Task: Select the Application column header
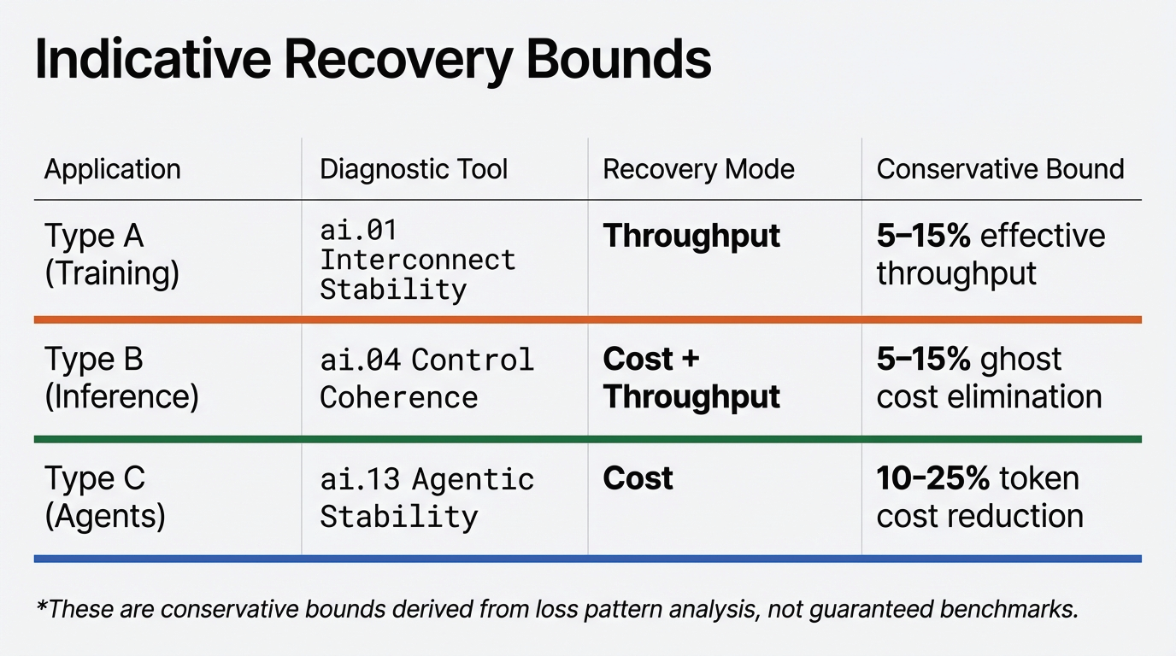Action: click(x=112, y=169)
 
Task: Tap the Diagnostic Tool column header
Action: click(x=414, y=169)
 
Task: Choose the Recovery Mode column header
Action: click(x=698, y=169)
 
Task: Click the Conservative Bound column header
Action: click(x=1000, y=169)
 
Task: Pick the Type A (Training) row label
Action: click(x=112, y=255)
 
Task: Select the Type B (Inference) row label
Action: click(x=121, y=378)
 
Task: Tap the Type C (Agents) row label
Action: click(x=104, y=497)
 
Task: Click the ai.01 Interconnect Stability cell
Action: click(x=417, y=260)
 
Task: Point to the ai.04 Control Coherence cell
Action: click(x=426, y=378)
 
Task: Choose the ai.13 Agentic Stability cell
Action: click(x=426, y=498)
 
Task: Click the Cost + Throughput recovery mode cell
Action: click(x=691, y=378)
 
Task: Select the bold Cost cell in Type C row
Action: click(x=638, y=478)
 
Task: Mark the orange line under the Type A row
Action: click(x=588, y=319)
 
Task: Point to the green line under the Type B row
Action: click(x=588, y=439)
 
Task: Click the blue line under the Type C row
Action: click(x=588, y=559)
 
